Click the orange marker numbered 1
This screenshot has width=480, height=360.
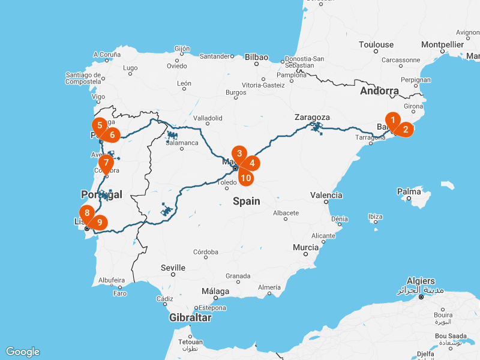[x=392, y=121]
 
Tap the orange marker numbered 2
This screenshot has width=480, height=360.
[x=406, y=128]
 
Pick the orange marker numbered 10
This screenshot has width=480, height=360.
[x=245, y=177]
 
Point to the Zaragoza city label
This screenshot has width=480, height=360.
[x=313, y=117]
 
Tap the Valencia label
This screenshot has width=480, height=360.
[x=326, y=195]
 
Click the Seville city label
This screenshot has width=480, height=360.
[x=173, y=268]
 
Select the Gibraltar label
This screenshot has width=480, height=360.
[x=190, y=317]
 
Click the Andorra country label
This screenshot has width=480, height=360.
[x=379, y=91]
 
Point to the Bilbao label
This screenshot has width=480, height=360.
[x=256, y=58]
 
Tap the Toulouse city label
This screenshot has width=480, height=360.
[x=376, y=44]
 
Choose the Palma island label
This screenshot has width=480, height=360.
[x=409, y=192]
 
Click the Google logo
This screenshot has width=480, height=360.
[x=23, y=352]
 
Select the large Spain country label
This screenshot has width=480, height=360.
[x=247, y=201]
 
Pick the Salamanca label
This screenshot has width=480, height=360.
[x=182, y=143]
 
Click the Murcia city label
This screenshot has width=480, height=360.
[x=305, y=247]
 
